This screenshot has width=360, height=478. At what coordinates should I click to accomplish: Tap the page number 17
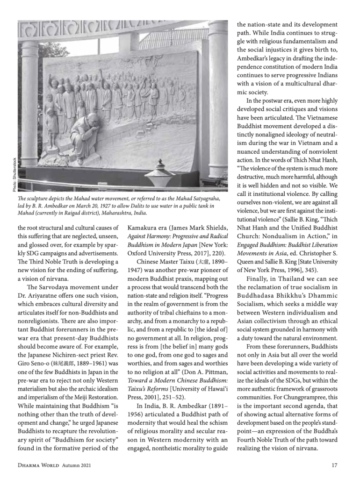(x=334, y=465)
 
